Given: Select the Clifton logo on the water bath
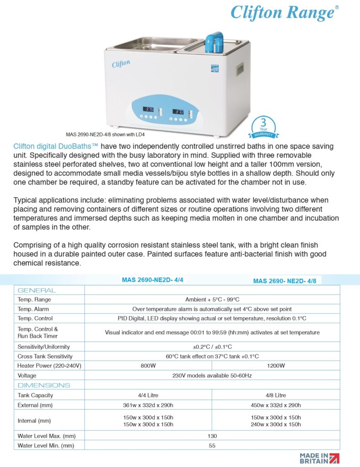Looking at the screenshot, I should click(121, 64).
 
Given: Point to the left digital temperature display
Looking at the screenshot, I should click(149, 109).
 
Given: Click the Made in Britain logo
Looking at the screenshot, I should click(319, 458).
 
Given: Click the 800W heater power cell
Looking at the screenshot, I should click(149, 365).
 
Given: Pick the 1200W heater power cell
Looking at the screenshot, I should click(276, 365).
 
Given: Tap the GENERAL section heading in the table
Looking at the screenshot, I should click(36, 290).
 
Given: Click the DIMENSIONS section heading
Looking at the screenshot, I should click(44, 385).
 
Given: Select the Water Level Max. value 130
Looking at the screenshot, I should click(212, 436).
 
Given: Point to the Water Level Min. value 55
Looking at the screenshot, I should click(212, 445).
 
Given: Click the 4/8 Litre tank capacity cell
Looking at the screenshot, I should click(276, 395).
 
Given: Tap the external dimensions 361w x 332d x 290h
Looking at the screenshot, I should click(149, 405).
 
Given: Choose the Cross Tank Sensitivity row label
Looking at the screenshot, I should click(45, 356).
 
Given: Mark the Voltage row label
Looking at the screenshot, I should click(27, 375).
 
